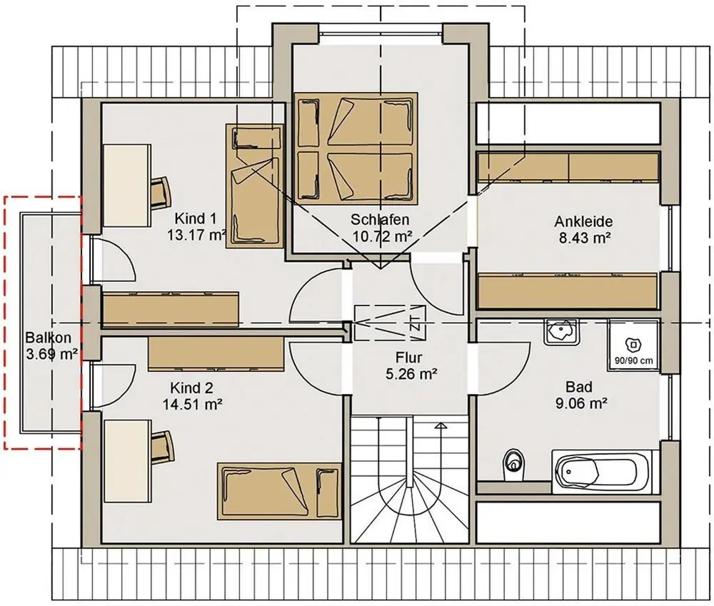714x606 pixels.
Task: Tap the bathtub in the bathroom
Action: pyautogui.click(x=602, y=472)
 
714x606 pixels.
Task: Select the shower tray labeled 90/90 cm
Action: pyautogui.click(x=633, y=345)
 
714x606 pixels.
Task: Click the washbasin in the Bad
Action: pyautogui.click(x=560, y=331)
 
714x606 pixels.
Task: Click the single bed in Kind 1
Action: pyautogui.click(x=255, y=186)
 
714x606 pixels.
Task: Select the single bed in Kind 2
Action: pyautogui.click(x=279, y=491)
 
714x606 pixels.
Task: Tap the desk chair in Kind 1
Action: pyautogui.click(x=161, y=193)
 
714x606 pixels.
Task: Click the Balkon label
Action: pyautogui.click(x=49, y=338)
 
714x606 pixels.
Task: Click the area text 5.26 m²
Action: pyautogui.click(x=412, y=374)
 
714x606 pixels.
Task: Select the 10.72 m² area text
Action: pyautogui.click(x=383, y=236)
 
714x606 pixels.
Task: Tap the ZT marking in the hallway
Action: pyautogui.click(x=415, y=323)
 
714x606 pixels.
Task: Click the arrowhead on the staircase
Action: pyautogui.click(x=441, y=426)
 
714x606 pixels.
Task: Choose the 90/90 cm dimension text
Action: pyautogui.click(x=633, y=360)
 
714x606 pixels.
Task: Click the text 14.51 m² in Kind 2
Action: pyautogui.click(x=193, y=404)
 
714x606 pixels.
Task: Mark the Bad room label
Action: pyautogui.click(x=579, y=388)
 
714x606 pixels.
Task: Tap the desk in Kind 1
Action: pyautogui.click(x=127, y=186)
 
